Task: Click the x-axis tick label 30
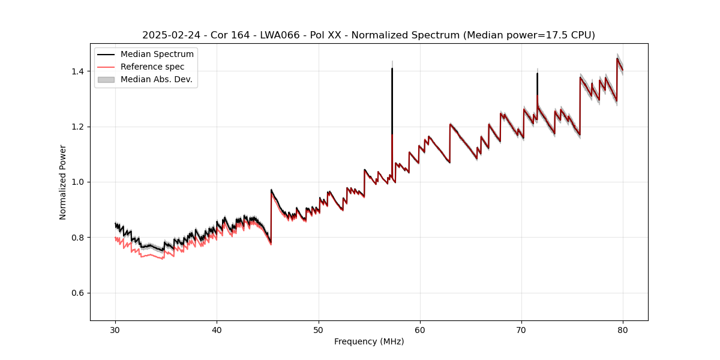click(116, 329)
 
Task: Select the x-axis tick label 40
click(217, 329)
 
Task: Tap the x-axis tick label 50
click(319, 329)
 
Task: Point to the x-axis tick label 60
click(420, 329)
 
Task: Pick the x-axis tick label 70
click(521, 329)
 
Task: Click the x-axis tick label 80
click(623, 329)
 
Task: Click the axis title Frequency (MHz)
click(369, 341)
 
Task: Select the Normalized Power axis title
click(63, 182)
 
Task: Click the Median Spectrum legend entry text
click(157, 55)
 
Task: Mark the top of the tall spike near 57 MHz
click(392, 68)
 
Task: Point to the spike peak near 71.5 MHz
click(537, 73)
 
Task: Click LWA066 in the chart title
click(280, 35)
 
